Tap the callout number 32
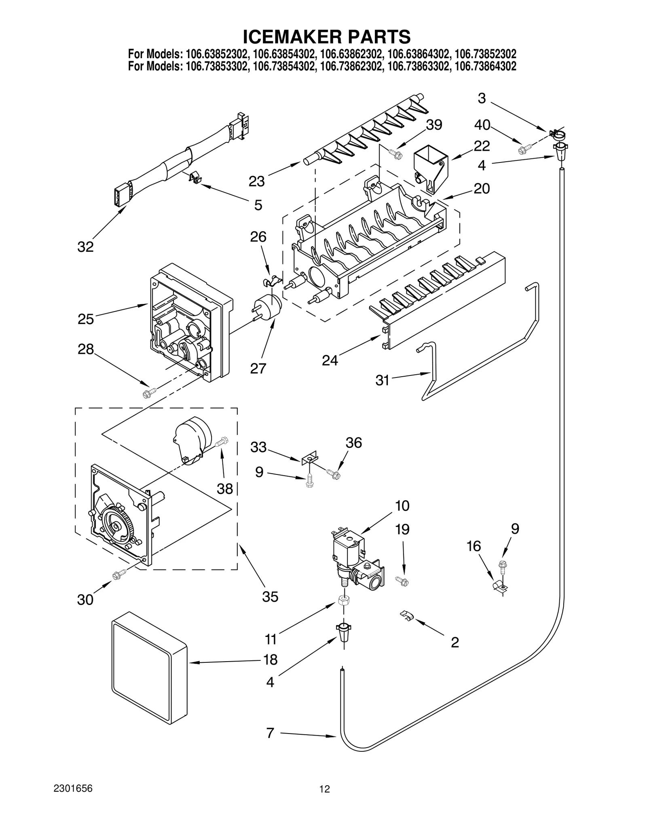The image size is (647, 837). tap(85, 247)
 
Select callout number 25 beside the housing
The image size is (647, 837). tap(86, 319)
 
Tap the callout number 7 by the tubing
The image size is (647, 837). tap(270, 733)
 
